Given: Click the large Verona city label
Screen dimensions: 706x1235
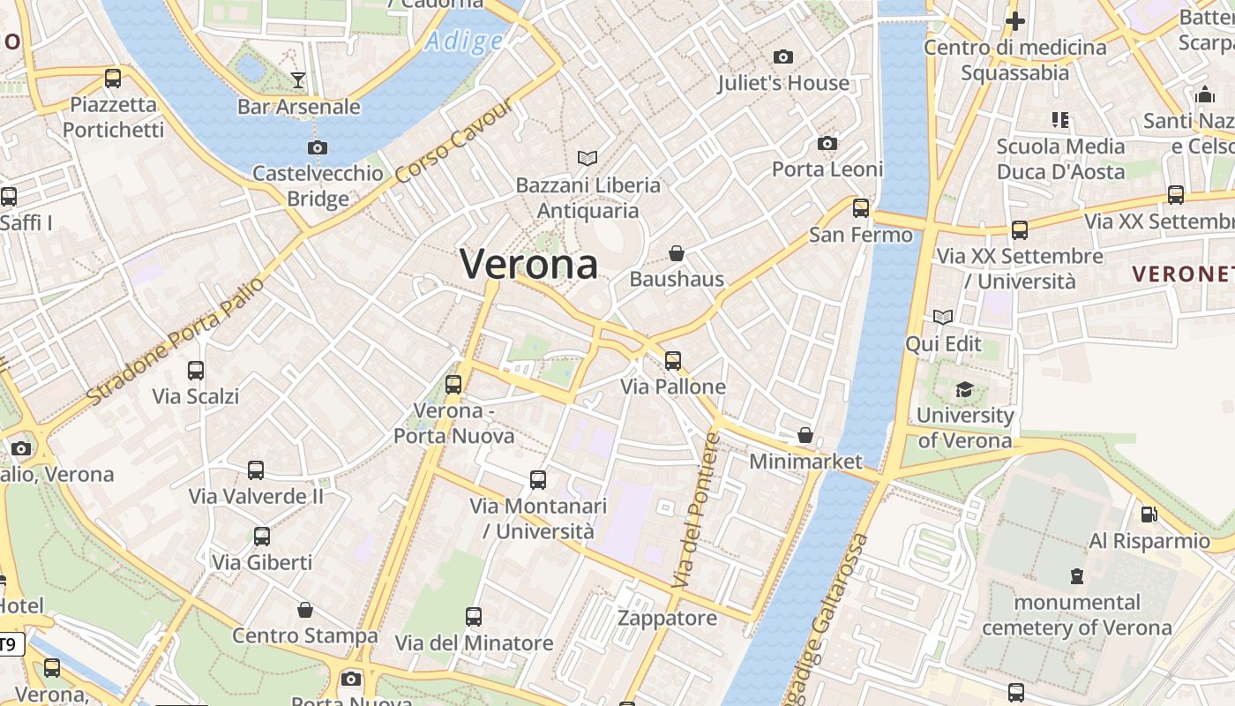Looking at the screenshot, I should [x=528, y=264].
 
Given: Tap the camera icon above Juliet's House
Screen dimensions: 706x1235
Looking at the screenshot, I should [x=782, y=57].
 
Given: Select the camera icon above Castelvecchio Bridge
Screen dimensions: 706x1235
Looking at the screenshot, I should [x=318, y=147].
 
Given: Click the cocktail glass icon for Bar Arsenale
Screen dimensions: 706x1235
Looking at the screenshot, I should [x=298, y=80].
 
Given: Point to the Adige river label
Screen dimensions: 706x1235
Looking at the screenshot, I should [x=464, y=41].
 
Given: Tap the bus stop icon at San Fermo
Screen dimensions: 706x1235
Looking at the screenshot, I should [x=861, y=208].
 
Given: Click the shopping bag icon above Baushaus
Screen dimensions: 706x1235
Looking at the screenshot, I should [x=677, y=253].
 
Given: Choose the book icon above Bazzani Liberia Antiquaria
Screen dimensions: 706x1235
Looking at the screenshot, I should [x=588, y=158].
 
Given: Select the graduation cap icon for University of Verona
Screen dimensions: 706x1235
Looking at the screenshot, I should [x=964, y=389].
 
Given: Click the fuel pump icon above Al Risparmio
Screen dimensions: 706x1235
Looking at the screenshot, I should [x=1149, y=514].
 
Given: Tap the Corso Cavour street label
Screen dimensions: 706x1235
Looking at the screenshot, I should [x=453, y=141].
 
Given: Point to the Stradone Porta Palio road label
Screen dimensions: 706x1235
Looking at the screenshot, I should [x=176, y=341].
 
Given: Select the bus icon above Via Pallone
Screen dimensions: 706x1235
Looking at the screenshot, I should [x=673, y=360].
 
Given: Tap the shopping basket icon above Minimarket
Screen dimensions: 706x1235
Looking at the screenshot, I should [x=805, y=435].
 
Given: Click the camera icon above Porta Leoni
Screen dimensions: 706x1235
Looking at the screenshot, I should [x=827, y=143].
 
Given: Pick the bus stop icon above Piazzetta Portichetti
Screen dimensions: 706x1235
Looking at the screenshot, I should [x=113, y=78].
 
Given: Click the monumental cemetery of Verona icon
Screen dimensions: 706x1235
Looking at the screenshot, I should [x=1076, y=576].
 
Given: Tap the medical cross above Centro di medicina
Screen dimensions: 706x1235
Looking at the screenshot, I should [x=1015, y=20].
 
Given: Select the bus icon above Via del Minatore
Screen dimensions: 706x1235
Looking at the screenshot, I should [x=474, y=616].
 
